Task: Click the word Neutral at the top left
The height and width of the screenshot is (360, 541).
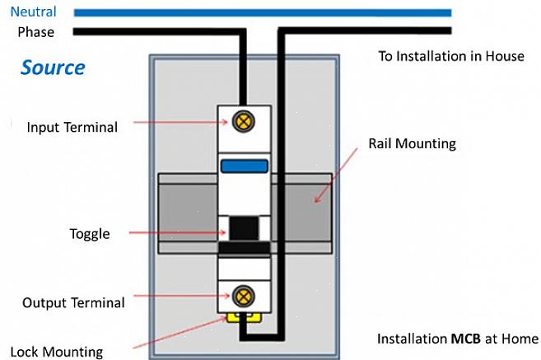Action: pyautogui.click(x=33, y=12)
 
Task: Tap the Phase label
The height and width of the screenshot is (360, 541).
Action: pyautogui.click(x=35, y=33)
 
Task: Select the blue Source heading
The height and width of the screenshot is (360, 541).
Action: pyautogui.click(x=53, y=68)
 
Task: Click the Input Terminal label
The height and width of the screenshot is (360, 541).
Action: pyautogui.click(x=72, y=128)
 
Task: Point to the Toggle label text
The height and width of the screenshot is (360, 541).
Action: pyautogui.click(x=89, y=234)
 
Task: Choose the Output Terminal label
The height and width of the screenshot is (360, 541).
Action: pyautogui.click(x=73, y=302)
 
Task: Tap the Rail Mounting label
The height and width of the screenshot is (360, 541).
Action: pyautogui.click(x=412, y=143)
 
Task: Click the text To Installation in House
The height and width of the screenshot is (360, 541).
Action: pyautogui.click(x=450, y=57)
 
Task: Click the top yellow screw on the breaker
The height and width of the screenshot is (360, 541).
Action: pyautogui.click(x=243, y=123)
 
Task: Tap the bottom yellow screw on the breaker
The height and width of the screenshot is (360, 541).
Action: pyautogui.click(x=243, y=296)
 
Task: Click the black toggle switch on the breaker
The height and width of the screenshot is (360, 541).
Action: pyautogui.click(x=243, y=228)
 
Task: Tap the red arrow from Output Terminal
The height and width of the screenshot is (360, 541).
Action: pyautogui.click(x=181, y=295)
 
